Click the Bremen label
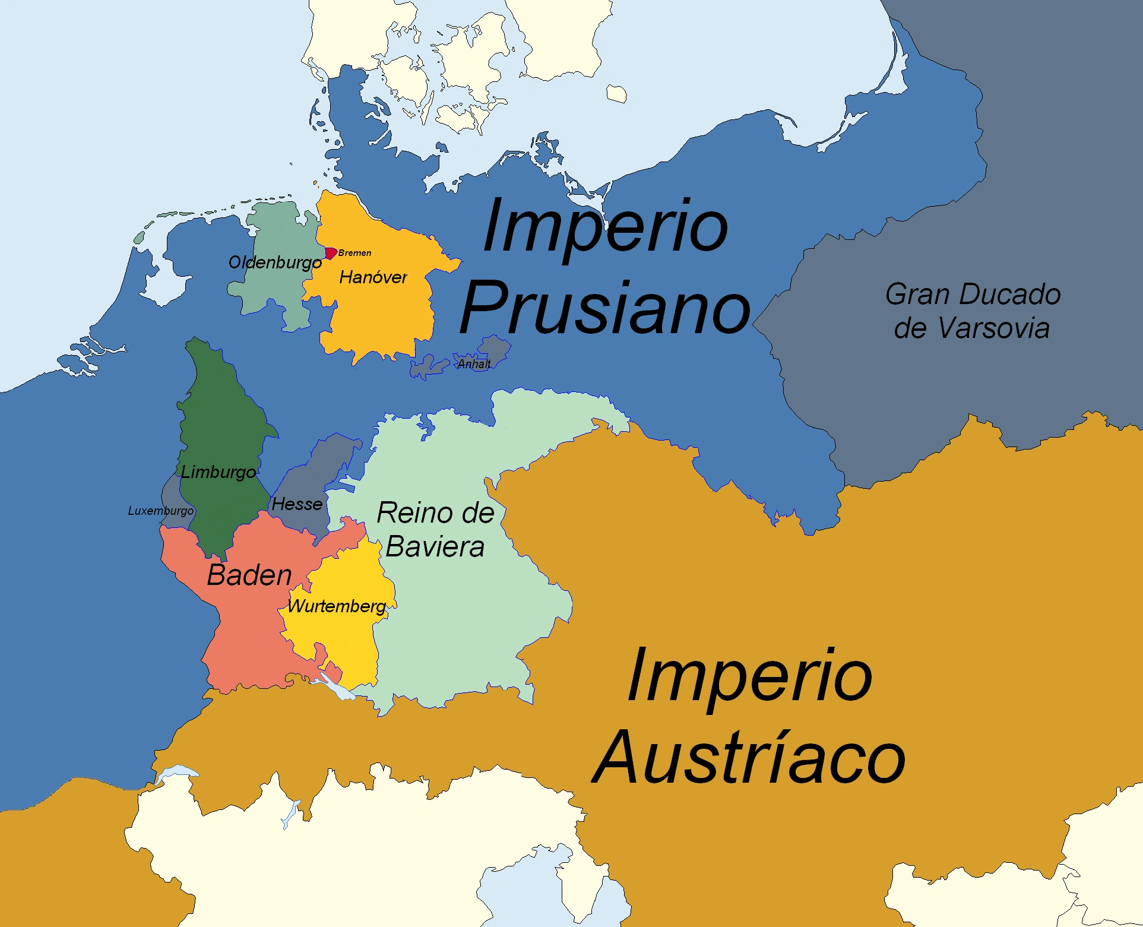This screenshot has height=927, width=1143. point(355,253)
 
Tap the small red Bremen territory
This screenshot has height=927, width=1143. point(331,253)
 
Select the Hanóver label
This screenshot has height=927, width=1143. point(373,277)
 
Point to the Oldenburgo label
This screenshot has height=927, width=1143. point(275,262)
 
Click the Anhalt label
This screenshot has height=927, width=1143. point(474,364)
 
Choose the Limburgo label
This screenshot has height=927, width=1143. point(218,472)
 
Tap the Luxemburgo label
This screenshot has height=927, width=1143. point(161,511)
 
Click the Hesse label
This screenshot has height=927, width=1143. point(297,504)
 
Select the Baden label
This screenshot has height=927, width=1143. point(249,575)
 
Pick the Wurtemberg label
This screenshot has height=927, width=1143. point(337,606)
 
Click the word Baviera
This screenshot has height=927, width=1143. point(435,547)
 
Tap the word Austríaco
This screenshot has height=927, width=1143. point(749,758)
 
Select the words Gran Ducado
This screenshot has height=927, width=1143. point(973,295)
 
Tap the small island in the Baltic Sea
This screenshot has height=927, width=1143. point(616,94)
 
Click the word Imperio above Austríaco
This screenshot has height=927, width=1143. point(749,676)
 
